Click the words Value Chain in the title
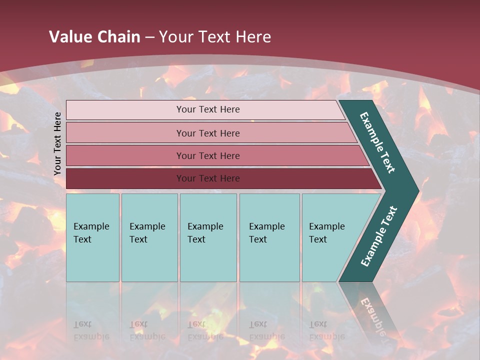[x=94, y=36]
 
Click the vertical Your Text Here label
[x=57, y=143]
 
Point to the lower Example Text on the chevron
[x=379, y=236]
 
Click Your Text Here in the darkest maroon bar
[x=208, y=178]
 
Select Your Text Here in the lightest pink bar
[x=208, y=109]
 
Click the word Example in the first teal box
[x=91, y=226]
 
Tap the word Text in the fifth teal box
[x=318, y=239]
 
